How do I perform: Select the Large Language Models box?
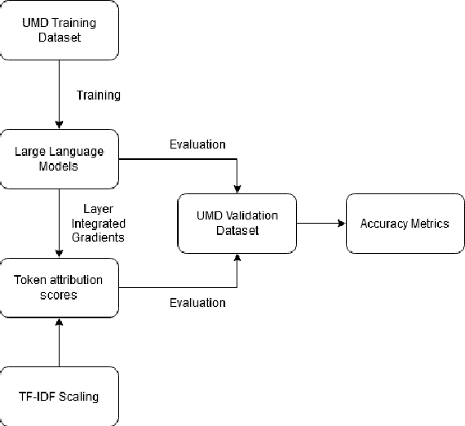click(x=59, y=158)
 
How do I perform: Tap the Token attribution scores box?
click(x=59, y=287)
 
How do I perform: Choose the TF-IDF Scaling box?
click(x=59, y=397)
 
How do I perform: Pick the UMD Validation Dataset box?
click(x=237, y=223)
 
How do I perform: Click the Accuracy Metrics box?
click(x=404, y=223)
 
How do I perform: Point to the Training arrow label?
click(x=98, y=95)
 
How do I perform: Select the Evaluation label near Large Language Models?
click(x=197, y=145)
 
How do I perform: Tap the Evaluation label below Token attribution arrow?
click(x=197, y=303)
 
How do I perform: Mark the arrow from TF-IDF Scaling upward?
click(x=59, y=343)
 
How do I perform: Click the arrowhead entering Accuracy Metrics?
click(x=341, y=223)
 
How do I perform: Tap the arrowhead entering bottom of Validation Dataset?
click(x=237, y=258)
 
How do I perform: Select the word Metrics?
click(x=427, y=223)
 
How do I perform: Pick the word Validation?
click(x=250, y=216)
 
